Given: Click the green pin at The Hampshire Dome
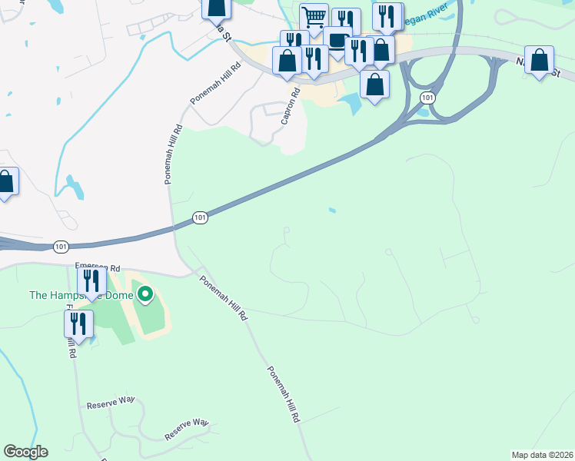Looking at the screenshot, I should pos(144,295).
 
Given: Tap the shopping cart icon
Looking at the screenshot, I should pos(314,17).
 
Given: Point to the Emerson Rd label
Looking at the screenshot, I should pos(98,268).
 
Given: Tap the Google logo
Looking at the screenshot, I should pos(25,452).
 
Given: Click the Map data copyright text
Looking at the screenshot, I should pos(542,454).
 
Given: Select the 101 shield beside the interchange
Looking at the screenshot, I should pos(427,98).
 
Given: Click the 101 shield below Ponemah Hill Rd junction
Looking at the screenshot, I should pos(200,218).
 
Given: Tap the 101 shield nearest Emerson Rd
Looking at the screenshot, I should pos(61,247).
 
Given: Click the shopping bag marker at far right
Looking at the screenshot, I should pos(540,60).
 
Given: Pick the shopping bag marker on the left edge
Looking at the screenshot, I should pos(5,182).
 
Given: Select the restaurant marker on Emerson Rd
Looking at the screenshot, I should pos(91,281).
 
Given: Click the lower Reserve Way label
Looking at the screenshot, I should pos(187,429).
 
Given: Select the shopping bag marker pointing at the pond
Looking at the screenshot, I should pos(374,85).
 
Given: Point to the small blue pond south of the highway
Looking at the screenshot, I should pos(331,210).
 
